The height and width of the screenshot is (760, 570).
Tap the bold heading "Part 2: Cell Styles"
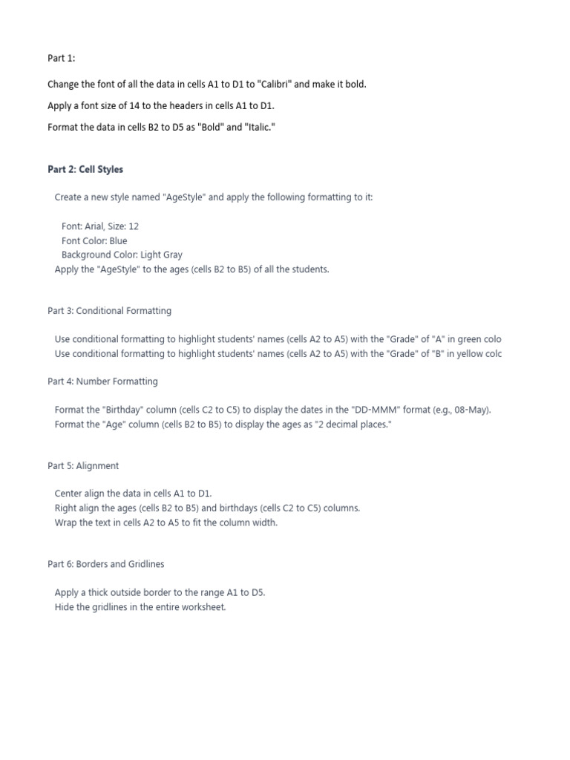click(x=85, y=170)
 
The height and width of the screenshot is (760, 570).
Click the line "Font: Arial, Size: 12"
click(x=100, y=226)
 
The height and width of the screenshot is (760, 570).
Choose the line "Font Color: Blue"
click(x=94, y=240)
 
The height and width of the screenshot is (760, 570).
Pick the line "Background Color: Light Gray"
click(x=122, y=255)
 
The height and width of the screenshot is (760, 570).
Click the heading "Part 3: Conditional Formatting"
click(x=109, y=311)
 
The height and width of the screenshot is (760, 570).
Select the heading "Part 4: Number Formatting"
click(x=102, y=381)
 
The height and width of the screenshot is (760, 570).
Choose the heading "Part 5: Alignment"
click(x=83, y=466)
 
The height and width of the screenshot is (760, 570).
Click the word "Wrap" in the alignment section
click(x=66, y=522)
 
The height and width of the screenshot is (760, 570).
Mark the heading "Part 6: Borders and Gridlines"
click(x=106, y=564)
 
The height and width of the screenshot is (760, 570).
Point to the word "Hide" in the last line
click(x=65, y=607)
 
